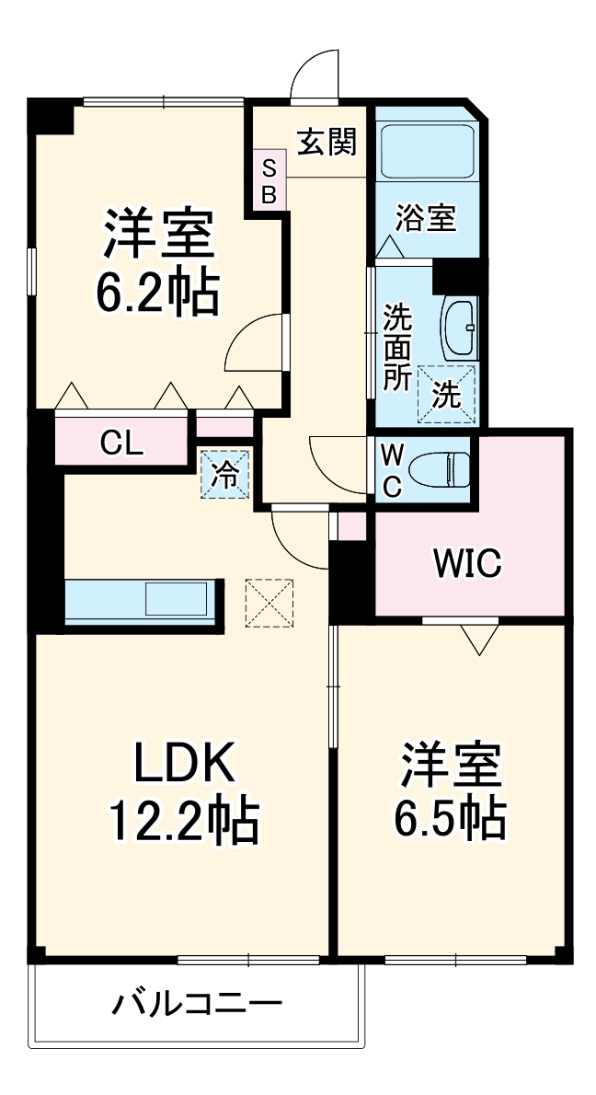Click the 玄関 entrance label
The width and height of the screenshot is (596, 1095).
327,143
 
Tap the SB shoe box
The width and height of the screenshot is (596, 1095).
269,179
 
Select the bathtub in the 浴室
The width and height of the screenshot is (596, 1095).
427,151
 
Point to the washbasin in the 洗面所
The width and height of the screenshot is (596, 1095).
460,327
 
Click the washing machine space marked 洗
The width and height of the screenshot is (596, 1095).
446,394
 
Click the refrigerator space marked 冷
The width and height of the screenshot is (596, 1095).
224,474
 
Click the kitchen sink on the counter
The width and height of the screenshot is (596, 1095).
176,598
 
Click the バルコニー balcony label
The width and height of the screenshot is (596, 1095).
198,1004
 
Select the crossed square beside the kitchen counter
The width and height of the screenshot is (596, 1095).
269,602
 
